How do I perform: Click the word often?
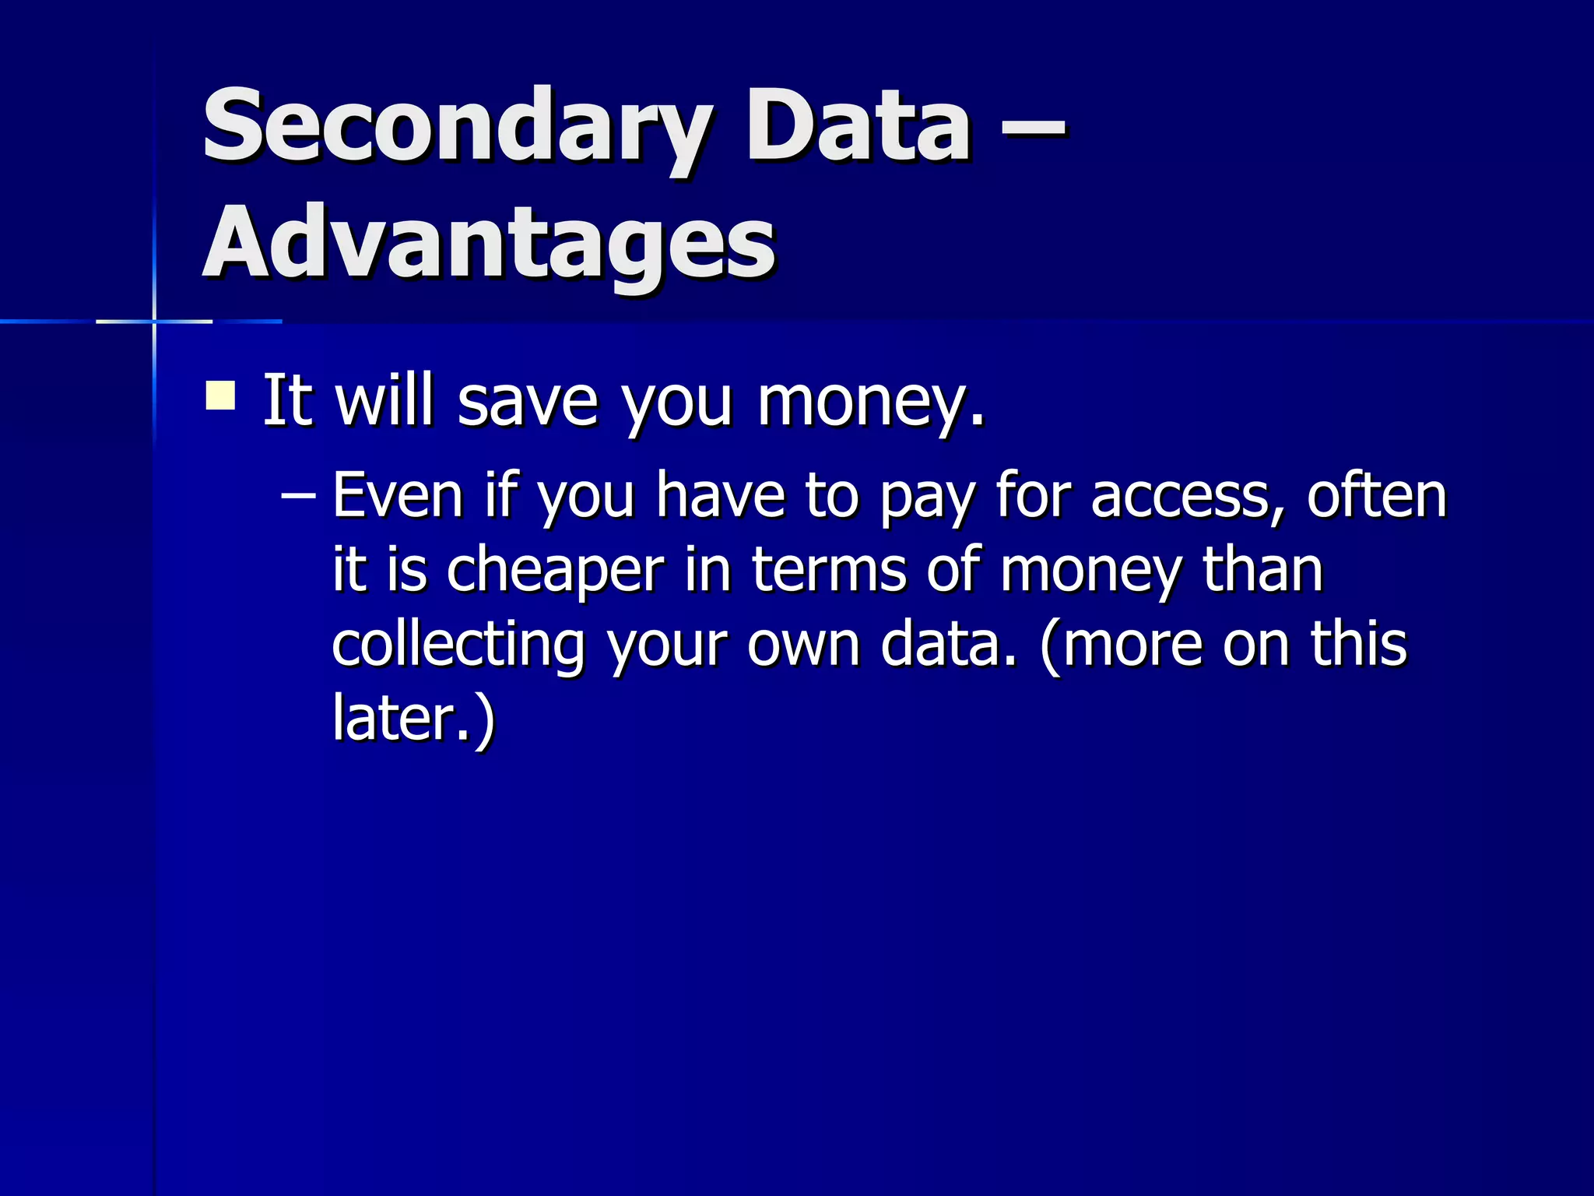pyautogui.click(x=1376, y=495)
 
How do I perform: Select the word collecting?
pyautogui.click(x=458, y=646)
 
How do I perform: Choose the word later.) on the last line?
pyautogui.click(x=413, y=718)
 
